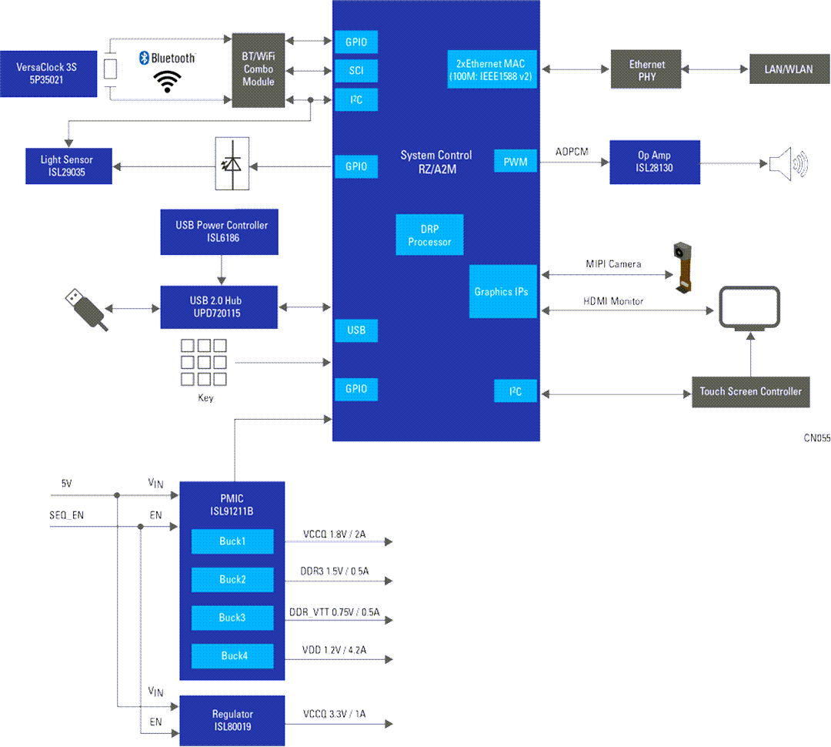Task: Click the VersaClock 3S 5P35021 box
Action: click(48, 73)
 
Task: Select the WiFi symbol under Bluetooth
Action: click(167, 81)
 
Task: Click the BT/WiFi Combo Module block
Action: click(259, 70)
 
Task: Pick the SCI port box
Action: click(356, 71)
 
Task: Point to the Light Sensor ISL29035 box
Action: click(67, 166)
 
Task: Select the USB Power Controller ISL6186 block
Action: click(222, 232)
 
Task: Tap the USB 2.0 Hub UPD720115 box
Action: click(220, 307)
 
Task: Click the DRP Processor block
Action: click(429, 236)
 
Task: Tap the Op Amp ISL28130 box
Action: click(654, 162)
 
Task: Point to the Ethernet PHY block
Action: click(647, 69)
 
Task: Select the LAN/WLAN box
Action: click(787, 69)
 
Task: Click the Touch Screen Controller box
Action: click(750, 391)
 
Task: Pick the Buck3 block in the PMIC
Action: click(232, 618)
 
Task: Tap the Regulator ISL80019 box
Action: click(232, 720)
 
